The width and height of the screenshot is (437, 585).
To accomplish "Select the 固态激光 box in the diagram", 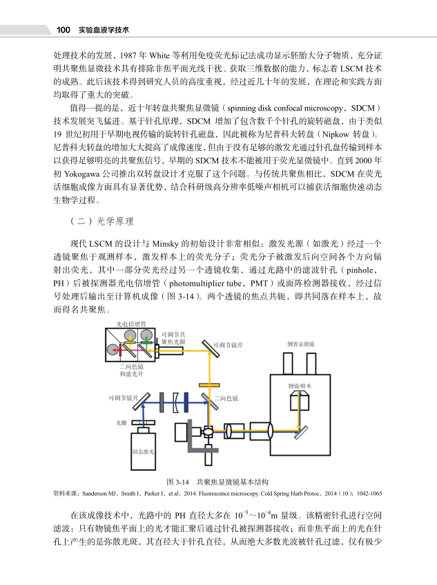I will [144, 452].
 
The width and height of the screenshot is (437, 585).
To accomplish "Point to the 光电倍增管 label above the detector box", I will [130, 324].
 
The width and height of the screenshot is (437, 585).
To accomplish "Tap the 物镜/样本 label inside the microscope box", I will [299, 385].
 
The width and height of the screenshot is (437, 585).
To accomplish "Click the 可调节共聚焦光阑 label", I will [173, 337].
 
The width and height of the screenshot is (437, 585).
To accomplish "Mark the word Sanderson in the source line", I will [79, 494].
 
